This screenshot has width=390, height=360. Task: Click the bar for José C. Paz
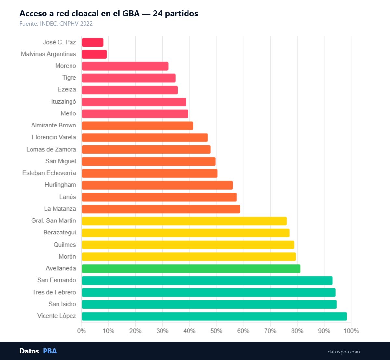tap(93, 42)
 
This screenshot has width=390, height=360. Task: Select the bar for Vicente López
tap(214, 316)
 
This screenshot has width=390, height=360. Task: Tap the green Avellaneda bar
tap(191, 269)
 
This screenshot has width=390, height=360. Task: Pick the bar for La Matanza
tap(161, 209)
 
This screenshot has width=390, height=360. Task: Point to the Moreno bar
tap(125, 66)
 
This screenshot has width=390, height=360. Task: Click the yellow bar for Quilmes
tap(188, 245)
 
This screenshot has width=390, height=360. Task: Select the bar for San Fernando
tap(207, 281)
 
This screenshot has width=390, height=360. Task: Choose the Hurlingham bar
tap(157, 185)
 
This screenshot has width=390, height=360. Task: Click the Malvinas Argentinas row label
tap(48, 54)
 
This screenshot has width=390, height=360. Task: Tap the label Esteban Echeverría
tap(49, 173)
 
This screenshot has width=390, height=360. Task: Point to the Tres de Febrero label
tap(54, 292)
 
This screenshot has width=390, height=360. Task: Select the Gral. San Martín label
tap(54, 220)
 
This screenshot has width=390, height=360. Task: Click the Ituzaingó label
tap(64, 102)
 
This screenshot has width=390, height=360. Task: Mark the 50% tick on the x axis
tap(216, 331)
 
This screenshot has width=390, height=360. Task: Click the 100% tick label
tap(351, 331)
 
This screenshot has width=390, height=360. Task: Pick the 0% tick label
tap(82, 331)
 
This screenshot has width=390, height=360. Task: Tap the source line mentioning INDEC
tap(56, 24)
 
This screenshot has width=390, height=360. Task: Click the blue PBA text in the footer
tap(50, 351)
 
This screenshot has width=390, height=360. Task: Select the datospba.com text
tap(344, 352)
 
